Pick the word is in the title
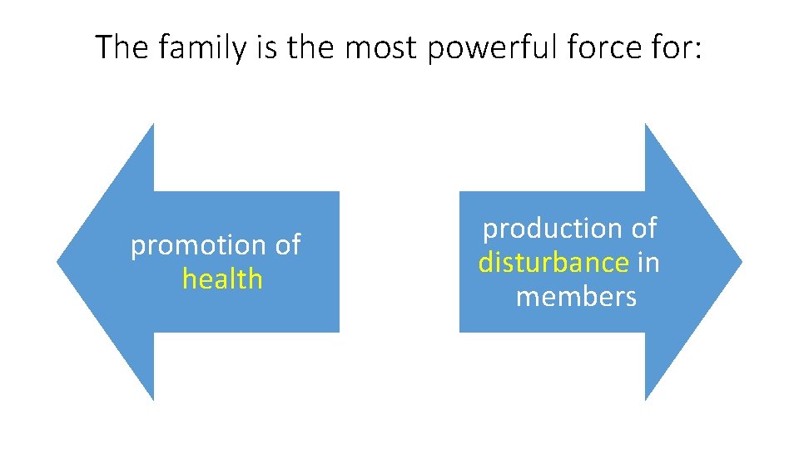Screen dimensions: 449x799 266,47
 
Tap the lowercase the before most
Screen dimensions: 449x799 312,47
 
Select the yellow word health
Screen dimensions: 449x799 222,279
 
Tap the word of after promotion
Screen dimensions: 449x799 288,245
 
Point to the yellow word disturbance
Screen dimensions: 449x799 553,263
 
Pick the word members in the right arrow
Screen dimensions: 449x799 576,297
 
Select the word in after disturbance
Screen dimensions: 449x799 648,263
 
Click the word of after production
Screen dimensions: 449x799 643,228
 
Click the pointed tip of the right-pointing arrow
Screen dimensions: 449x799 741,262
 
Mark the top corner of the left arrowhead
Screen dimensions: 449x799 153,126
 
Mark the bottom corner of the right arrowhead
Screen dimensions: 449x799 646,399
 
